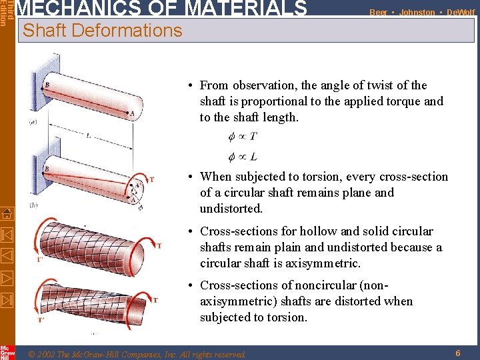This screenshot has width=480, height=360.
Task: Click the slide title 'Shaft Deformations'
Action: coord(102,30)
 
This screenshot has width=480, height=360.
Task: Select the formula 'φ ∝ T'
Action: coord(243,137)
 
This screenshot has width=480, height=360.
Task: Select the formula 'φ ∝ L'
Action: coord(243,157)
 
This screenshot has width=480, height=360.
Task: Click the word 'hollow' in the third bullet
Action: coord(313,231)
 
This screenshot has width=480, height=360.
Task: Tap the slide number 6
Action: coord(457,353)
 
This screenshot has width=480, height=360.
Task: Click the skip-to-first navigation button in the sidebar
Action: coord(7,235)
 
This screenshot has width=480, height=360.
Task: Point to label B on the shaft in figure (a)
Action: coord(47,85)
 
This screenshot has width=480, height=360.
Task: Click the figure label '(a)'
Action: coord(33,123)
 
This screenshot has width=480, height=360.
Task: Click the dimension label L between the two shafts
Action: coord(88,135)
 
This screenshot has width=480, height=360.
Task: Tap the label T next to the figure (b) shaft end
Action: coord(151,179)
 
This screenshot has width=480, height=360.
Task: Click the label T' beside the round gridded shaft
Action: coord(41,259)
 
